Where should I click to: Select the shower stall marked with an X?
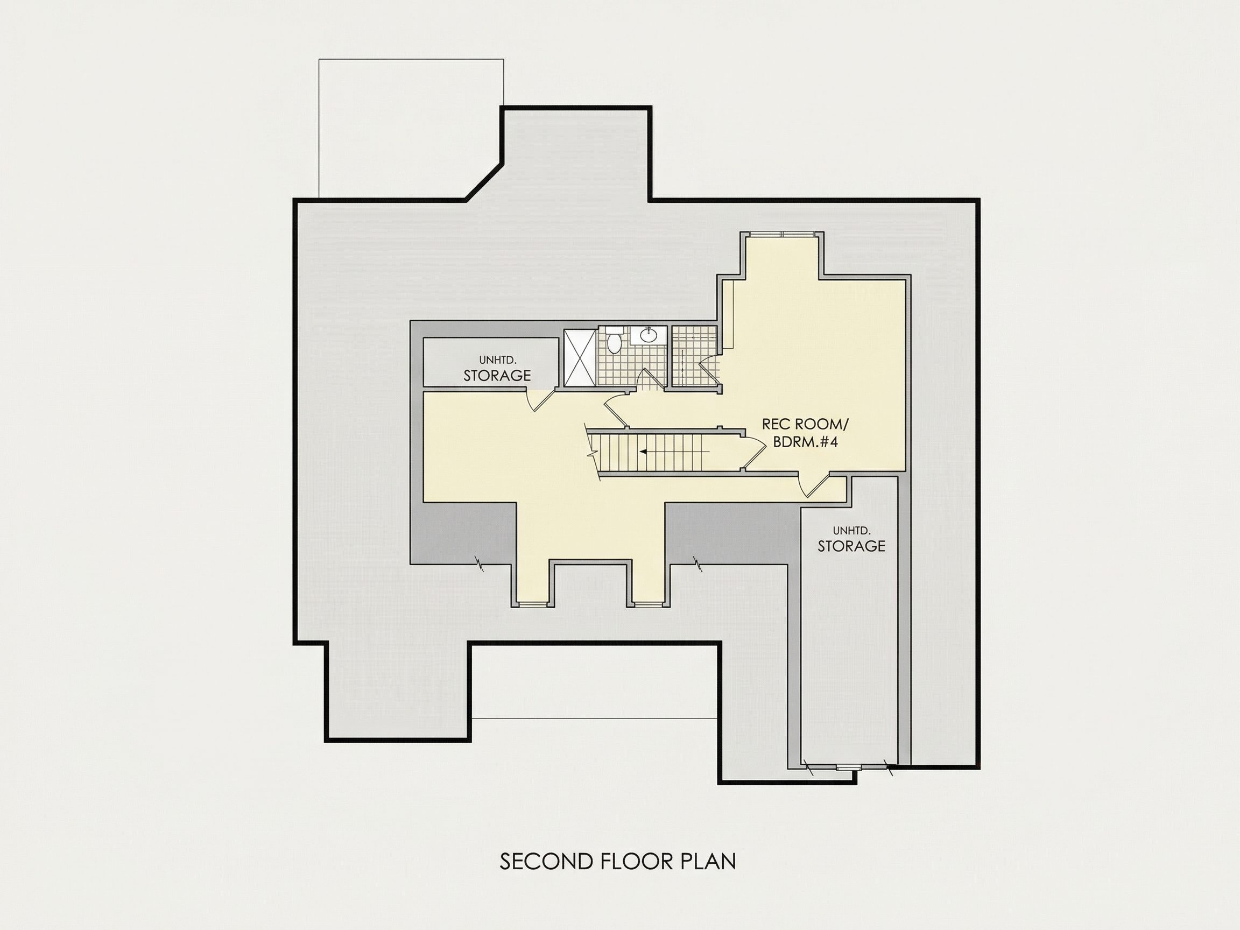coord(580,357)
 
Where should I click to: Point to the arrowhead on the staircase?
coord(644,450)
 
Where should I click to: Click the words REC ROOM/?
coord(806,424)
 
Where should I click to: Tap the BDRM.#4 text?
coord(806,442)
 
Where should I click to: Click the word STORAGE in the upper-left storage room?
coord(497,376)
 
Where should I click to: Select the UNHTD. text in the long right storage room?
coord(851,530)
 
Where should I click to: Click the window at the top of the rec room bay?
coord(783,233)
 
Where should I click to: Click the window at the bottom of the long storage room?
coord(847,767)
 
